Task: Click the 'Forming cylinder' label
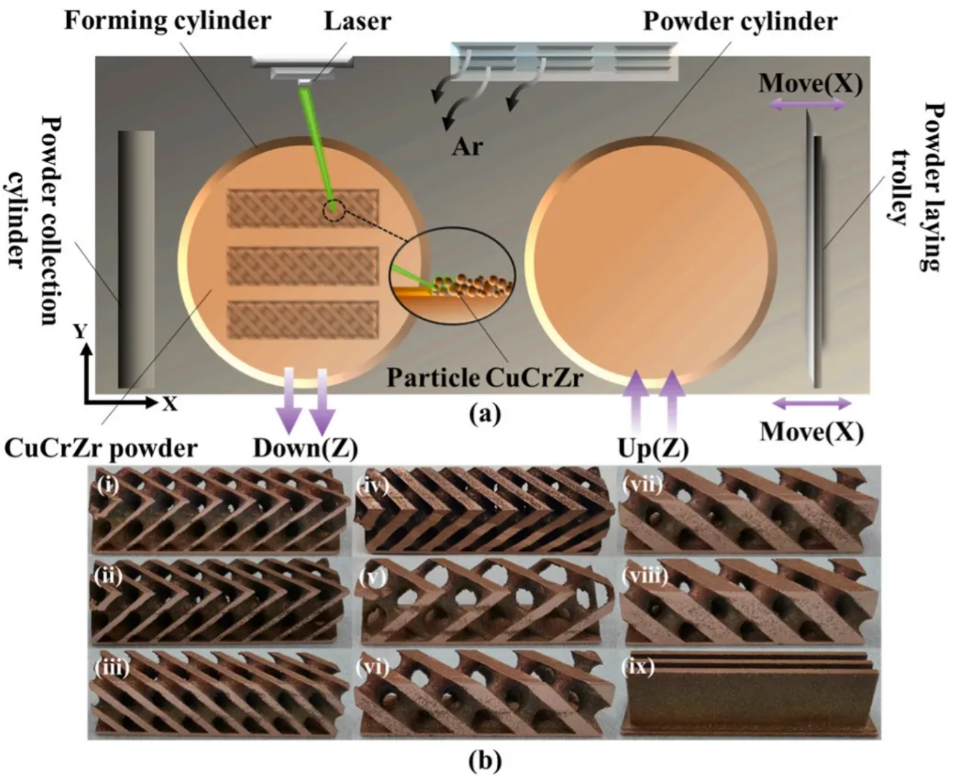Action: pos(167,20)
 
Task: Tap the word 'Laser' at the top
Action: pos(357,20)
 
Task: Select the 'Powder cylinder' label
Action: pos(740,21)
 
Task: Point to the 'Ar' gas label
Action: pos(467,146)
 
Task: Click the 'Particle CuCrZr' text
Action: pos(485,378)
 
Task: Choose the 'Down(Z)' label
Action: pos(305,448)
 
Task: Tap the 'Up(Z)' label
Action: pos(653,448)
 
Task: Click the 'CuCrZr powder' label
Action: pos(101,448)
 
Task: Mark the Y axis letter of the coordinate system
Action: pos(81,331)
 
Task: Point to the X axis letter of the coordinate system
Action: pos(170,404)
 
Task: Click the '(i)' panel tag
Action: pos(107,484)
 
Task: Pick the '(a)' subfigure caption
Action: pos(485,414)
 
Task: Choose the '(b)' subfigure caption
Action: pos(485,759)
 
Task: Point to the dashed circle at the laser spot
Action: pos(334,208)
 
